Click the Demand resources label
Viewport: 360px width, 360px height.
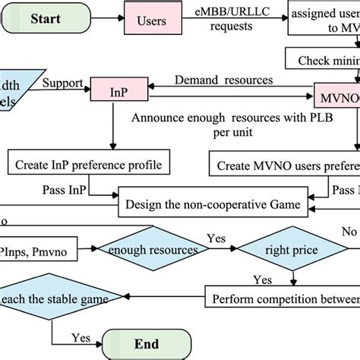[225, 80]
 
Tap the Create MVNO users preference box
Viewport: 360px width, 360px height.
[286, 163]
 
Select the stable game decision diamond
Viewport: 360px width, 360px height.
[49, 299]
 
